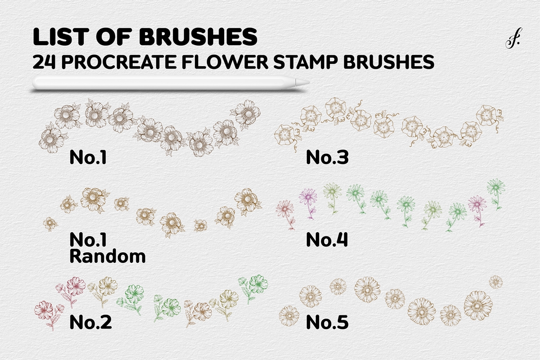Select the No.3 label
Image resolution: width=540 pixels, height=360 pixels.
coord(327,157)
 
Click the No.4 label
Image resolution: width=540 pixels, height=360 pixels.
coord(327,240)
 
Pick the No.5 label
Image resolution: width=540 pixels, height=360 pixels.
coord(327,322)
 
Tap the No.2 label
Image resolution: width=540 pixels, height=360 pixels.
coord(90,322)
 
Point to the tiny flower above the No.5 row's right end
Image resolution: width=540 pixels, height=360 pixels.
coord(495,282)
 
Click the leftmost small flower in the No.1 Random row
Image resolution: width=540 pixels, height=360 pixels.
coord(50,223)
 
